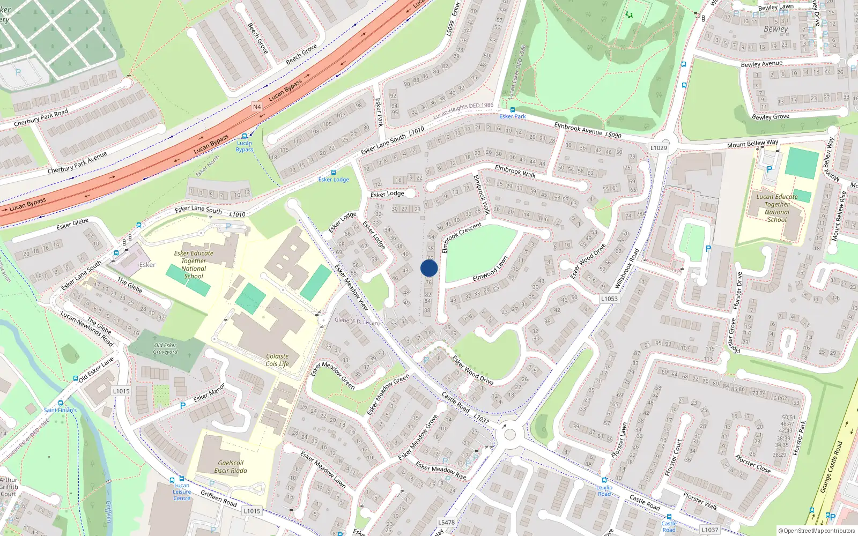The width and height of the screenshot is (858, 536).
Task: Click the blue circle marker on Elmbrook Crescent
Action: tap(429, 268)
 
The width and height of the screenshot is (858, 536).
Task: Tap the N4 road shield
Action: tap(257, 107)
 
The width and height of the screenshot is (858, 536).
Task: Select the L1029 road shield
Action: tap(659, 148)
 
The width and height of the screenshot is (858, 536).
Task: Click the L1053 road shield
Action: tap(609, 299)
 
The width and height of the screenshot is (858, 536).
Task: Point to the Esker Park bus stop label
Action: tap(513, 116)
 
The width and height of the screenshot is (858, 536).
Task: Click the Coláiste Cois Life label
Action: tap(277, 360)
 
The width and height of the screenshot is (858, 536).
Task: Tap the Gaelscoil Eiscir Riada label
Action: tap(231, 466)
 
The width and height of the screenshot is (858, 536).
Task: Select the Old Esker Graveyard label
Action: tap(165, 348)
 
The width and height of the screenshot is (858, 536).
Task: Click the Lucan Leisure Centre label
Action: tap(182, 492)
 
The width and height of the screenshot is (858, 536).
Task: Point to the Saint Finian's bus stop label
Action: tap(60, 410)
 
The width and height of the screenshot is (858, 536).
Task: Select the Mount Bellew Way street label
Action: tap(752, 144)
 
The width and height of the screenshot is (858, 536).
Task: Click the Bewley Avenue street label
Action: tap(761, 64)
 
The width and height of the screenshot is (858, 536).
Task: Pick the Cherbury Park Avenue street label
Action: tap(77, 162)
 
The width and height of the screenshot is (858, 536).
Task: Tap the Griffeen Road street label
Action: tap(219, 498)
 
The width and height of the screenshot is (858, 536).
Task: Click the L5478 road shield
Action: tap(446, 522)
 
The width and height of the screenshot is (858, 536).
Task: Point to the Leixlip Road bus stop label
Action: tap(604, 490)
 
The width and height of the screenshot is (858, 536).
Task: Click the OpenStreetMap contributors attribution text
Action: tap(817, 531)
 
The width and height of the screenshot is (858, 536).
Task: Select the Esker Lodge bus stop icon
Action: tap(334, 173)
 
